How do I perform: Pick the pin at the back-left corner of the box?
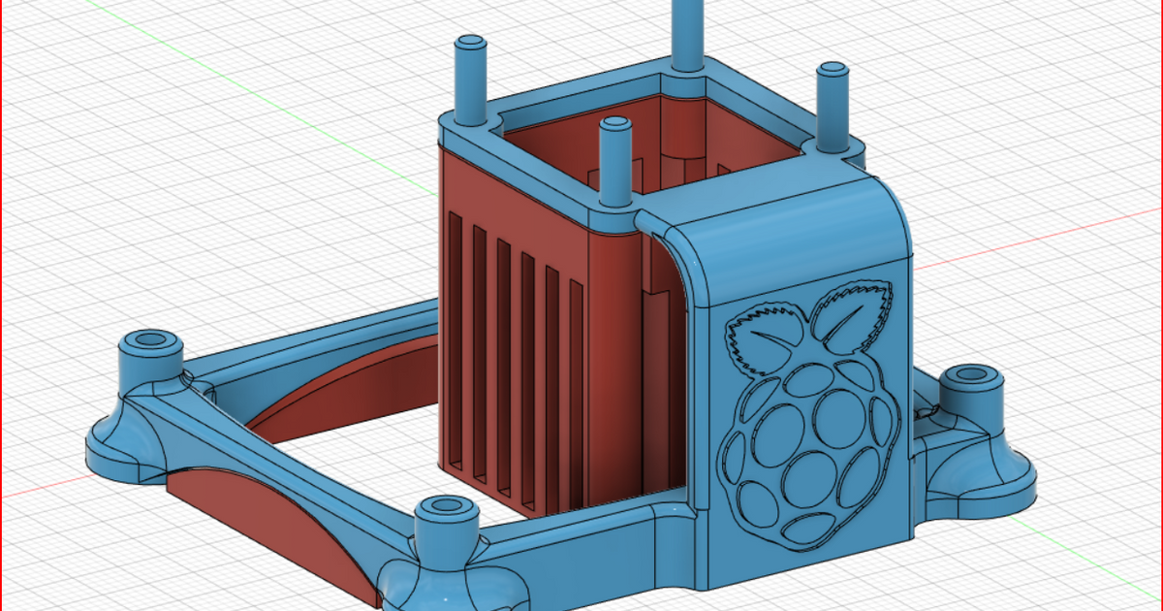[471, 82]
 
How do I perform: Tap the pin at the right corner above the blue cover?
[831, 107]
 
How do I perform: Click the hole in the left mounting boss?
[150, 340]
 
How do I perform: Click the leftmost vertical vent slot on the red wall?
[456, 339]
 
